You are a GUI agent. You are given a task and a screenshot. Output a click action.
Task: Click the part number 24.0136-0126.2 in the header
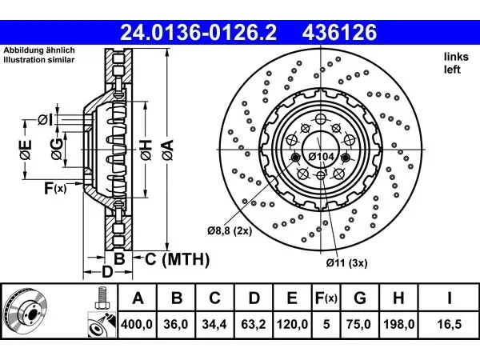pos(198,33)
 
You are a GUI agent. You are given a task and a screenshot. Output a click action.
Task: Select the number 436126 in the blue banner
pos(339,33)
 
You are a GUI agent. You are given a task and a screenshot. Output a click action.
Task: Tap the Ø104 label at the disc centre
pos(321,157)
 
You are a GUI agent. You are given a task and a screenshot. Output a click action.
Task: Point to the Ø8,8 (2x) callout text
pos(230,230)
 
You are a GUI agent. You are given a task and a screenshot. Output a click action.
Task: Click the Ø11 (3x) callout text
pos(346,262)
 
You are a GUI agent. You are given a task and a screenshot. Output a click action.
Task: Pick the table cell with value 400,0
pos(137,324)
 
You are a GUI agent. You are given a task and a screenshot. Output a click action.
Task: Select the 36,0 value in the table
pos(176,324)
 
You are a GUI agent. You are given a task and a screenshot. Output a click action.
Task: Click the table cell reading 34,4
pos(214,324)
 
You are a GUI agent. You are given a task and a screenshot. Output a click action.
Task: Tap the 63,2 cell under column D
pos(254,324)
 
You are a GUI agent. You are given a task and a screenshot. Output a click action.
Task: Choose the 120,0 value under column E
pos(292,324)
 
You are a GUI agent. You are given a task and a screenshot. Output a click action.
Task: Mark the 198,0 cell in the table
pos(398,324)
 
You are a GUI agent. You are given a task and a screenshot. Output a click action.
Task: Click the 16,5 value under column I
pos(449,324)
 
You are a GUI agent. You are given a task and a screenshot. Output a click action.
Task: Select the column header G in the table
pos(360,298)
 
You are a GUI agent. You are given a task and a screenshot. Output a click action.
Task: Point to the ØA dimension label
pos(168,150)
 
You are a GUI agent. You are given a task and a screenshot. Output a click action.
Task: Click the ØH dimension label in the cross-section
pos(146,150)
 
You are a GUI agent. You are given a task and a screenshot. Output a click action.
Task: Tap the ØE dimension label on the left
pos(26,150)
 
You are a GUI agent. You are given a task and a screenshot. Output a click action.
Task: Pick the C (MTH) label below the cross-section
pos(178,259)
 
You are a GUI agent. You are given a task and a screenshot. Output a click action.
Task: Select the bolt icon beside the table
pos(102,298)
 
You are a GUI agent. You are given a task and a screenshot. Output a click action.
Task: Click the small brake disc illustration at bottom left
pos(25,313)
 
